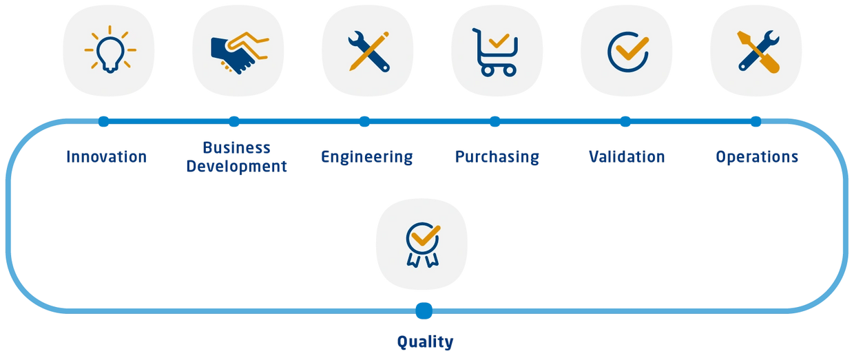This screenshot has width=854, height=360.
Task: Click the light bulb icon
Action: (110, 50)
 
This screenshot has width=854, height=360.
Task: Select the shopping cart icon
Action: (495, 52)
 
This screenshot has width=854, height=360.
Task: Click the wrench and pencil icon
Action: (368, 52)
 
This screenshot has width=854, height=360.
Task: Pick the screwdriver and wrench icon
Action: (758, 52)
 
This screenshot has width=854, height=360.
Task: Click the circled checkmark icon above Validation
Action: (628, 52)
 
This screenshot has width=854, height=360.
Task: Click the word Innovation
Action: (106, 157)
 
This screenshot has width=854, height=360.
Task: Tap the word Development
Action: (236, 167)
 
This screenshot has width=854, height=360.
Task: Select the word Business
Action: (236, 148)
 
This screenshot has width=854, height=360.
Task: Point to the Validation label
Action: (627, 157)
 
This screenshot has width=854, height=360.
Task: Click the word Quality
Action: (425, 342)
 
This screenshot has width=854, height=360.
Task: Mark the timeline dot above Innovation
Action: (104, 122)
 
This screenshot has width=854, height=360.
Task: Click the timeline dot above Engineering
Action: (364, 122)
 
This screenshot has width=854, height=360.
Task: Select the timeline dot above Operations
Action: (756, 122)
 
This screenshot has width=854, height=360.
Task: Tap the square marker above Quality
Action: (424, 311)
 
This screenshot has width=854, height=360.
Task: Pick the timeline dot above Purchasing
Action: (495, 122)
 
